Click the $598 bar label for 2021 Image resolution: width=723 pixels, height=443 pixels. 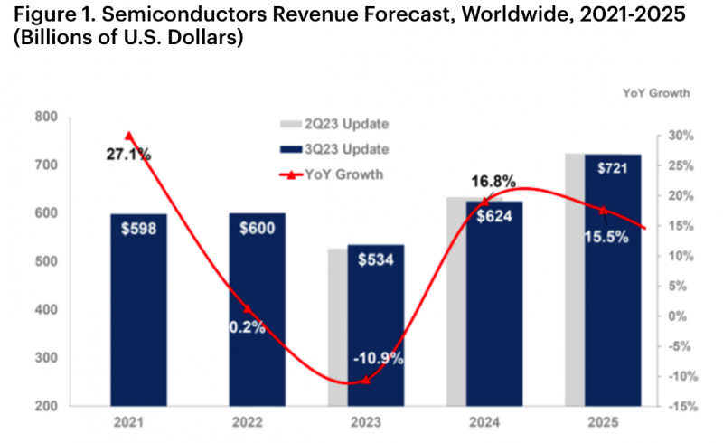pos(138,229)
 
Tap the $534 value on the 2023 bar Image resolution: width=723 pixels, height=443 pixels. pos(375,262)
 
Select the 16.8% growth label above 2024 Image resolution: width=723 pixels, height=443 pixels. pos(493,181)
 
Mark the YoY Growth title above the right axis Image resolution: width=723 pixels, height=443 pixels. pos(656,92)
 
